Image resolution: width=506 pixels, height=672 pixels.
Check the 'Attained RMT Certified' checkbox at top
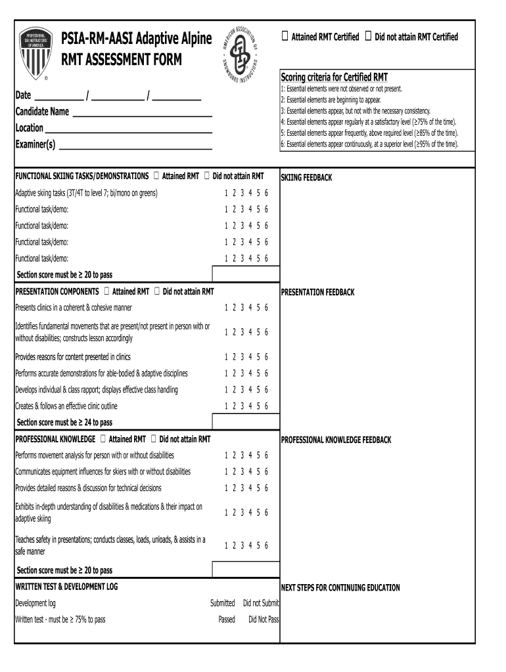click(x=284, y=37)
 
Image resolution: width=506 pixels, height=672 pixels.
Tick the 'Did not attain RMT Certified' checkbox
click(x=368, y=37)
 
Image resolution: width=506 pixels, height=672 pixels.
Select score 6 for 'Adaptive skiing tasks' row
click(x=266, y=193)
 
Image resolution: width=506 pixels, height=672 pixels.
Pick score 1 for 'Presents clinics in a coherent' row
click(x=226, y=308)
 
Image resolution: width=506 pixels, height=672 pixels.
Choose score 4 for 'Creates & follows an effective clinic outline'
click(x=250, y=406)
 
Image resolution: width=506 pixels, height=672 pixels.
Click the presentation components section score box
click(x=245, y=421)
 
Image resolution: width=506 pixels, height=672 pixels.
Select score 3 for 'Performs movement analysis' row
click(x=242, y=455)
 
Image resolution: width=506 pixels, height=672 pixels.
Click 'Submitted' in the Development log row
click(x=222, y=603)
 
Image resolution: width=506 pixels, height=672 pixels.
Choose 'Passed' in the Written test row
click(x=226, y=619)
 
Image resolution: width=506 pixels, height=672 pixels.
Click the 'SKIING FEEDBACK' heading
click(x=306, y=178)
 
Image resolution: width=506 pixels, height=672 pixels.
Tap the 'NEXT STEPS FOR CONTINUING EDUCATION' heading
click(x=340, y=588)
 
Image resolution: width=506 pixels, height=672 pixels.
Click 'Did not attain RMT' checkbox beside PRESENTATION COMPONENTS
click(x=156, y=291)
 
